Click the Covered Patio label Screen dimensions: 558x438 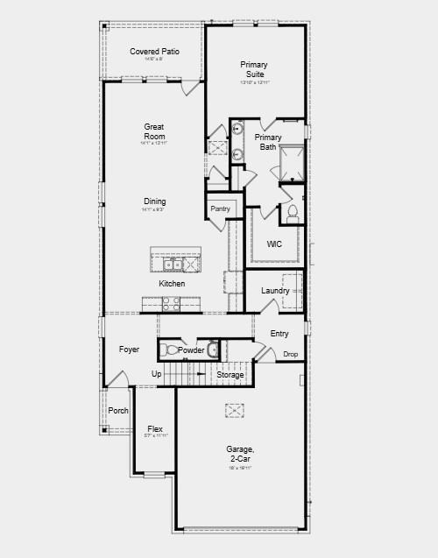tap(155, 52)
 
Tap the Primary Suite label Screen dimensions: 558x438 tap(254, 70)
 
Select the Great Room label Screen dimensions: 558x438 tap(154, 132)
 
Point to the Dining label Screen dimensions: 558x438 tap(154, 201)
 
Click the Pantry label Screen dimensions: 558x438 tap(220, 208)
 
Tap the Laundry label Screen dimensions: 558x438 tap(275, 290)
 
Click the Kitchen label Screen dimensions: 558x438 tap(172, 284)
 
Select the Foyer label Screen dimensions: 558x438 tap(129, 350)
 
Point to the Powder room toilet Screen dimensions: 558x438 tap(171, 350)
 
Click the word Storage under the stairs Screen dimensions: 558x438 tap(230, 375)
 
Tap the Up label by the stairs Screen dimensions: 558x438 tap(157, 374)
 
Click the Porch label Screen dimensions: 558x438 tap(118, 410)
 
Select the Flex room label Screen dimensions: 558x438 tap(155, 429)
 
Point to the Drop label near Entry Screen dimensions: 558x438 tap(291, 354)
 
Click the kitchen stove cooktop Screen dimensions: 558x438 tap(172, 303)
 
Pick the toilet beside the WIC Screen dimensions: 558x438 tap(292, 213)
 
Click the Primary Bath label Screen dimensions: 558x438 tap(268, 142)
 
